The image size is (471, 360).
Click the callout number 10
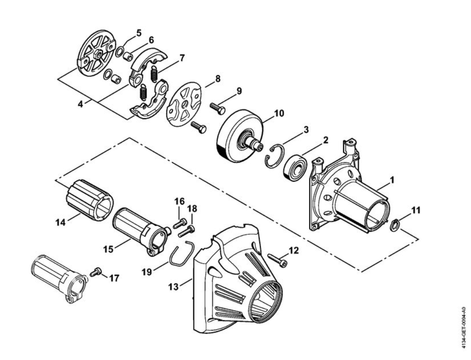279,113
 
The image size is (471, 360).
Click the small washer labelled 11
395,225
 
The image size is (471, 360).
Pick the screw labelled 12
277,260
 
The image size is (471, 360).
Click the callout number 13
173,286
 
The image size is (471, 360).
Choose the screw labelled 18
186,231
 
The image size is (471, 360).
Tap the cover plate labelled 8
183,106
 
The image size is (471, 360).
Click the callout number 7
182,58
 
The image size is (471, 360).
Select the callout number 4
80,104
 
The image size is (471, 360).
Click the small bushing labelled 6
128,56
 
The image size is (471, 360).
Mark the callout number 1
392,180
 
